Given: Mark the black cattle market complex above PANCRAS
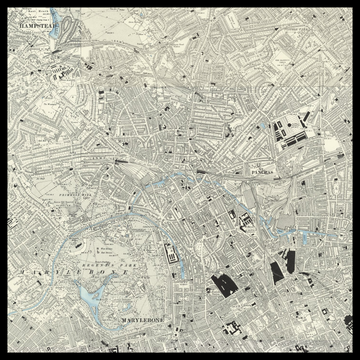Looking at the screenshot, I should tap(289, 131).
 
